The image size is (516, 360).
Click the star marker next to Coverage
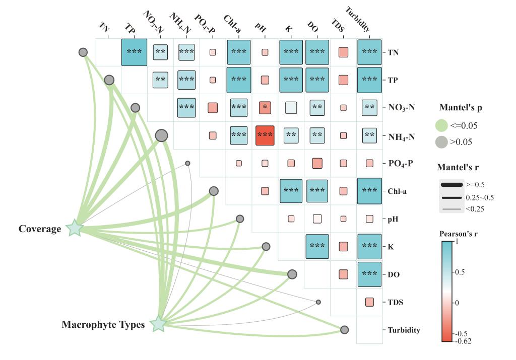(x=75, y=228)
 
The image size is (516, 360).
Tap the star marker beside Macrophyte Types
(x=158, y=324)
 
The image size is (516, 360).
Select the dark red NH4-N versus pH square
(x=265, y=135)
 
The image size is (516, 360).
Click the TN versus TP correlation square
(x=134, y=52)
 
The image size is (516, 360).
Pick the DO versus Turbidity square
(x=369, y=274)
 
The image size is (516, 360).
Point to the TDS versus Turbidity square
(x=369, y=302)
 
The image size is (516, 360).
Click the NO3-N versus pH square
(x=265, y=107)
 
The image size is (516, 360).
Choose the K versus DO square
(x=317, y=246)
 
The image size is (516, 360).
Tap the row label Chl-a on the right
(x=397, y=191)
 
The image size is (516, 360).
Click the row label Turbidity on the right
(x=404, y=330)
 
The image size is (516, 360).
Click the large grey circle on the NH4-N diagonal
(x=161, y=135)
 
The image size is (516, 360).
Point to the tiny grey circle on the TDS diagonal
(x=318, y=302)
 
